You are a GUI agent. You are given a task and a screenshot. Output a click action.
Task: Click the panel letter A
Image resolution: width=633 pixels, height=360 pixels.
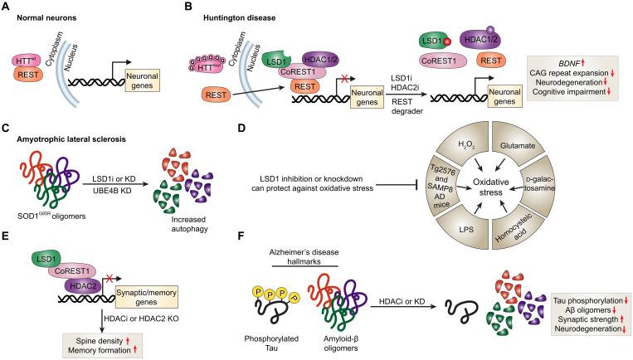coord(7,6)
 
